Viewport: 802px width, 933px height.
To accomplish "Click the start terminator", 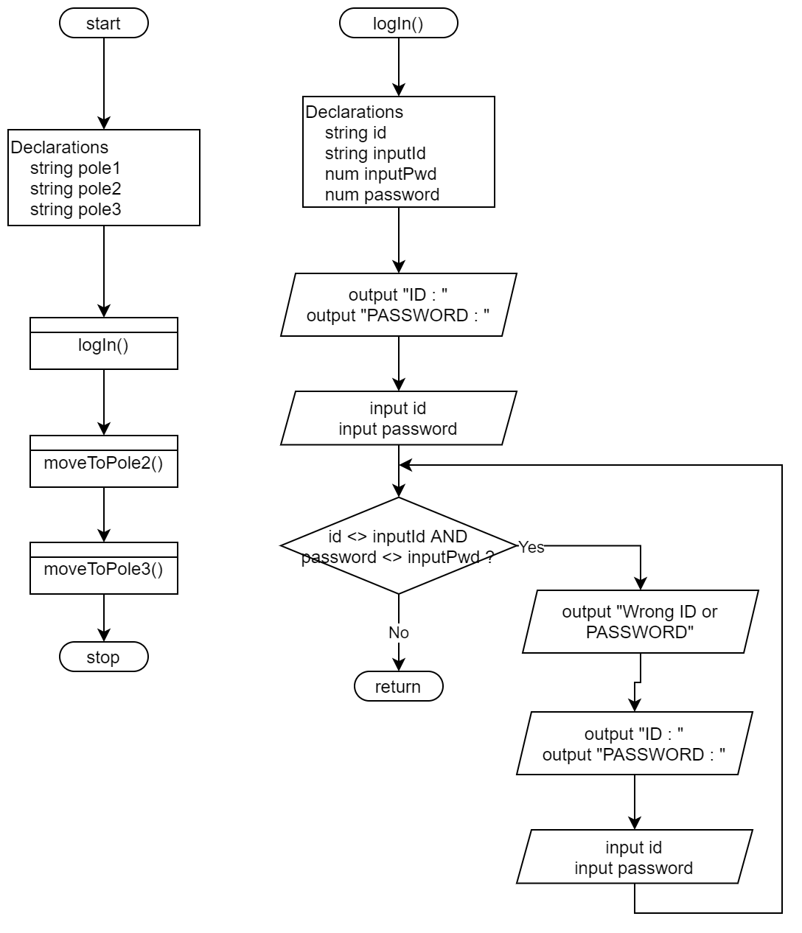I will pyautogui.click(x=103, y=24).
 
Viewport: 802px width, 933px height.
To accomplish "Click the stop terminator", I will pyautogui.click(x=103, y=657).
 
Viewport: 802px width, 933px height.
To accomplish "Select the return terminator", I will pyautogui.click(x=398, y=687).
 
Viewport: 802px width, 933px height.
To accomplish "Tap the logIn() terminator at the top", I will pyautogui.click(x=398, y=24).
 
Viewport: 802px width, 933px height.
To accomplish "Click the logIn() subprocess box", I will pyautogui.click(x=103, y=344).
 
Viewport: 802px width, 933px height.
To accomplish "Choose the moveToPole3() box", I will pyautogui.click(x=103, y=569).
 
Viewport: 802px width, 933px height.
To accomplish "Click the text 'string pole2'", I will pyautogui.click(x=75, y=189).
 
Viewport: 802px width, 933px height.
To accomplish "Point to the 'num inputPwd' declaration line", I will pyautogui.click(x=380, y=174).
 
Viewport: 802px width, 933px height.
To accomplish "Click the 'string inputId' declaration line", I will pyautogui.click(x=375, y=153).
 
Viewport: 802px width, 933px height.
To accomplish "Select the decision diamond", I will pyautogui.click(x=398, y=546).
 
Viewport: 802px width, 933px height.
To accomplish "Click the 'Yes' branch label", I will pyautogui.click(x=531, y=547).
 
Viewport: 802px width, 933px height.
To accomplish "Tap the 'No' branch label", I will pyautogui.click(x=398, y=633).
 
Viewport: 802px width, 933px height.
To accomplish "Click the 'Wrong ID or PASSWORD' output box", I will pyautogui.click(x=640, y=621).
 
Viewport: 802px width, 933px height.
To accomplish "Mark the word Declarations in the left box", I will pyautogui.click(x=59, y=147).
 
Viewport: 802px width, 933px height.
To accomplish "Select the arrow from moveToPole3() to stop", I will pyautogui.click(x=104, y=618).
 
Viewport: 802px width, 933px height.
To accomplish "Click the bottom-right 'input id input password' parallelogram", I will pyautogui.click(x=634, y=857).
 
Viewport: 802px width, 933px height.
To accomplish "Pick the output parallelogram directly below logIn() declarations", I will pyautogui.click(x=398, y=305).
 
